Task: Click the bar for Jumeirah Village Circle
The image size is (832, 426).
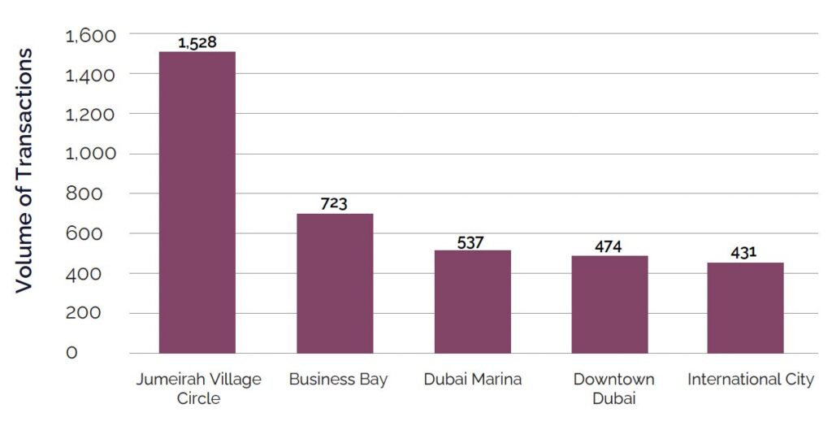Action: (197, 202)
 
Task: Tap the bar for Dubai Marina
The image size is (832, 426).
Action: (472, 302)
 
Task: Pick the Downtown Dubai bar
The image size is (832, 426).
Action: (609, 304)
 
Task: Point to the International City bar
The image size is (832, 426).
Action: (745, 308)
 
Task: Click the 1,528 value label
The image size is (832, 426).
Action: (197, 42)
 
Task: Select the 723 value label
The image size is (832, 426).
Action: (334, 203)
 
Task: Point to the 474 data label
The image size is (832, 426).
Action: (609, 246)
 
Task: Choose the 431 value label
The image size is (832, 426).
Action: (743, 252)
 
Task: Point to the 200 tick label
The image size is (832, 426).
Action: (96, 313)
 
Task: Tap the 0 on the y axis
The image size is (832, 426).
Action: (72, 353)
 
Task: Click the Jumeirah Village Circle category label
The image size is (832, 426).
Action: (197, 389)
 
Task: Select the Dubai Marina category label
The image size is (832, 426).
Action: (472, 380)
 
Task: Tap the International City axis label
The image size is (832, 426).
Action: (750, 380)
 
